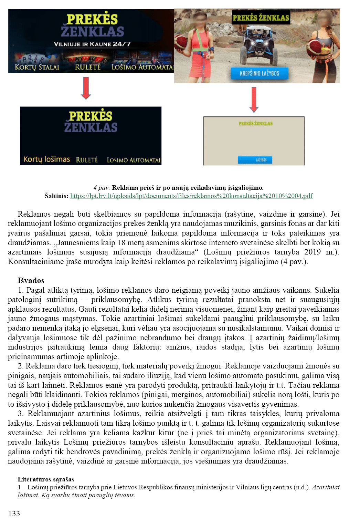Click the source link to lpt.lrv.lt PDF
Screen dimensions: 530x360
click(x=191, y=196)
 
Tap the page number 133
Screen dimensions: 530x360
click(x=14, y=513)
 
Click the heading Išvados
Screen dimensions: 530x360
click(x=31, y=280)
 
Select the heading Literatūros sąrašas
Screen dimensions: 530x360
click(x=46, y=479)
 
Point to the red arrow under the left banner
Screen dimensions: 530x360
click(x=86, y=88)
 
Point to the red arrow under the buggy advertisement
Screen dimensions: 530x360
click(x=254, y=100)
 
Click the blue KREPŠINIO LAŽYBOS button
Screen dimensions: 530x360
click(x=260, y=73)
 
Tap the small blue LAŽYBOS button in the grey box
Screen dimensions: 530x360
click(x=255, y=160)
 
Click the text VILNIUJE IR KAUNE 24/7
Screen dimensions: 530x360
click(x=92, y=44)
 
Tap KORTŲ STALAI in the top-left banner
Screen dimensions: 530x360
click(x=37, y=67)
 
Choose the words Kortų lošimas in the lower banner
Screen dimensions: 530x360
click(x=47, y=159)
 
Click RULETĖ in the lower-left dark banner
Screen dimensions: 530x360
click(x=87, y=160)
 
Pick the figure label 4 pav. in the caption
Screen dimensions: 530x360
click(x=101, y=188)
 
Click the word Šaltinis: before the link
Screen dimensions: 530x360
click(x=56, y=196)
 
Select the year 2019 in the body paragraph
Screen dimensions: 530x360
click(x=313, y=252)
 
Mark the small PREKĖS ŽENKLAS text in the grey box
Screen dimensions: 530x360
click(x=255, y=123)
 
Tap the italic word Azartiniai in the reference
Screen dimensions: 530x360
click(x=326, y=487)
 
